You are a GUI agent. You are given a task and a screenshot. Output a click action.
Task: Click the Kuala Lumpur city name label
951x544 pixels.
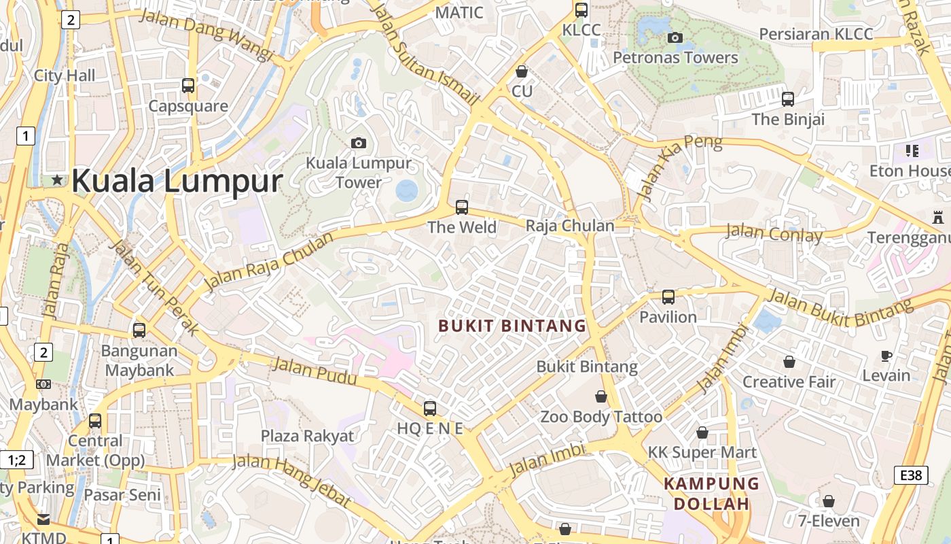[x=177, y=181]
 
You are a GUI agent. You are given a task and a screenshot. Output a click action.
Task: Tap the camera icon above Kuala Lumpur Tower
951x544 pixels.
[x=359, y=143]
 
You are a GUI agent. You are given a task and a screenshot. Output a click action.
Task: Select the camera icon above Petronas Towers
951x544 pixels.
[x=675, y=38]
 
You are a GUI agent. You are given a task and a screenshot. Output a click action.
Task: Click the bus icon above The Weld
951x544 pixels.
[x=462, y=207]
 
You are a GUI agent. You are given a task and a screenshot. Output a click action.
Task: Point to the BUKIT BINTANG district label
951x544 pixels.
[x=512, y=326]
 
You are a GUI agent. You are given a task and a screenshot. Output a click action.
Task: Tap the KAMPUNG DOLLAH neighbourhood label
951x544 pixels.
[x=711, y=494]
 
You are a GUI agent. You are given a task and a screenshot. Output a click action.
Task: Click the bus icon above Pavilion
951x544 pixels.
[x=668, y=297]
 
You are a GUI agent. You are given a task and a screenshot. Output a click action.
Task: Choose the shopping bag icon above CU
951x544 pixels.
[x=522, y=71]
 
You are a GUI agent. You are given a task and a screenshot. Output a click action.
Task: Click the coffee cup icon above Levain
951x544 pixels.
[x=886, y=356]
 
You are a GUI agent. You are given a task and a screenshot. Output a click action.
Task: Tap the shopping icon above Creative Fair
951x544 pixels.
[x=789, y=362]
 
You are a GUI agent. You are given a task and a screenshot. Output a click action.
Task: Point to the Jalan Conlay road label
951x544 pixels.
[x=774, y=233]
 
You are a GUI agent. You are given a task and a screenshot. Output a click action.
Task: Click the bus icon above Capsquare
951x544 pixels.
[x=188, y=86]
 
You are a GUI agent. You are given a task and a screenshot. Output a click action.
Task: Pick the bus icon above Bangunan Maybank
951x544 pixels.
[x=139, y=330]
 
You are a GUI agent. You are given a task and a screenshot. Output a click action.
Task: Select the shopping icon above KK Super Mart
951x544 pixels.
[x=702, y=432]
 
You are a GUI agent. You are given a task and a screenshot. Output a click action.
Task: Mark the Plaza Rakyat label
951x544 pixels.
[x=308, y=436]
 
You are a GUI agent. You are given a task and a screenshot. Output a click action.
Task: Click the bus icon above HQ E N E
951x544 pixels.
[x=430, y=409]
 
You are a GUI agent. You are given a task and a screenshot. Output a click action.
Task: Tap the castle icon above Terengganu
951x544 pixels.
[x=938, y=218]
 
